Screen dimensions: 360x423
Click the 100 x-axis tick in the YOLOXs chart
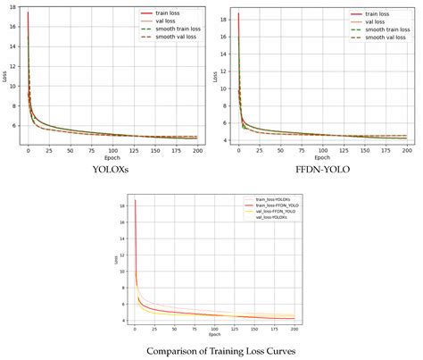(112, 150)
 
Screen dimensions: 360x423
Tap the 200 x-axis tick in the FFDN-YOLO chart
(407, 150)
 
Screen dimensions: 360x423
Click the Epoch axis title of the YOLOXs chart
(112, 157)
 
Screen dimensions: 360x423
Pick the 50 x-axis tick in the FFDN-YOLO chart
(280, 150)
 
